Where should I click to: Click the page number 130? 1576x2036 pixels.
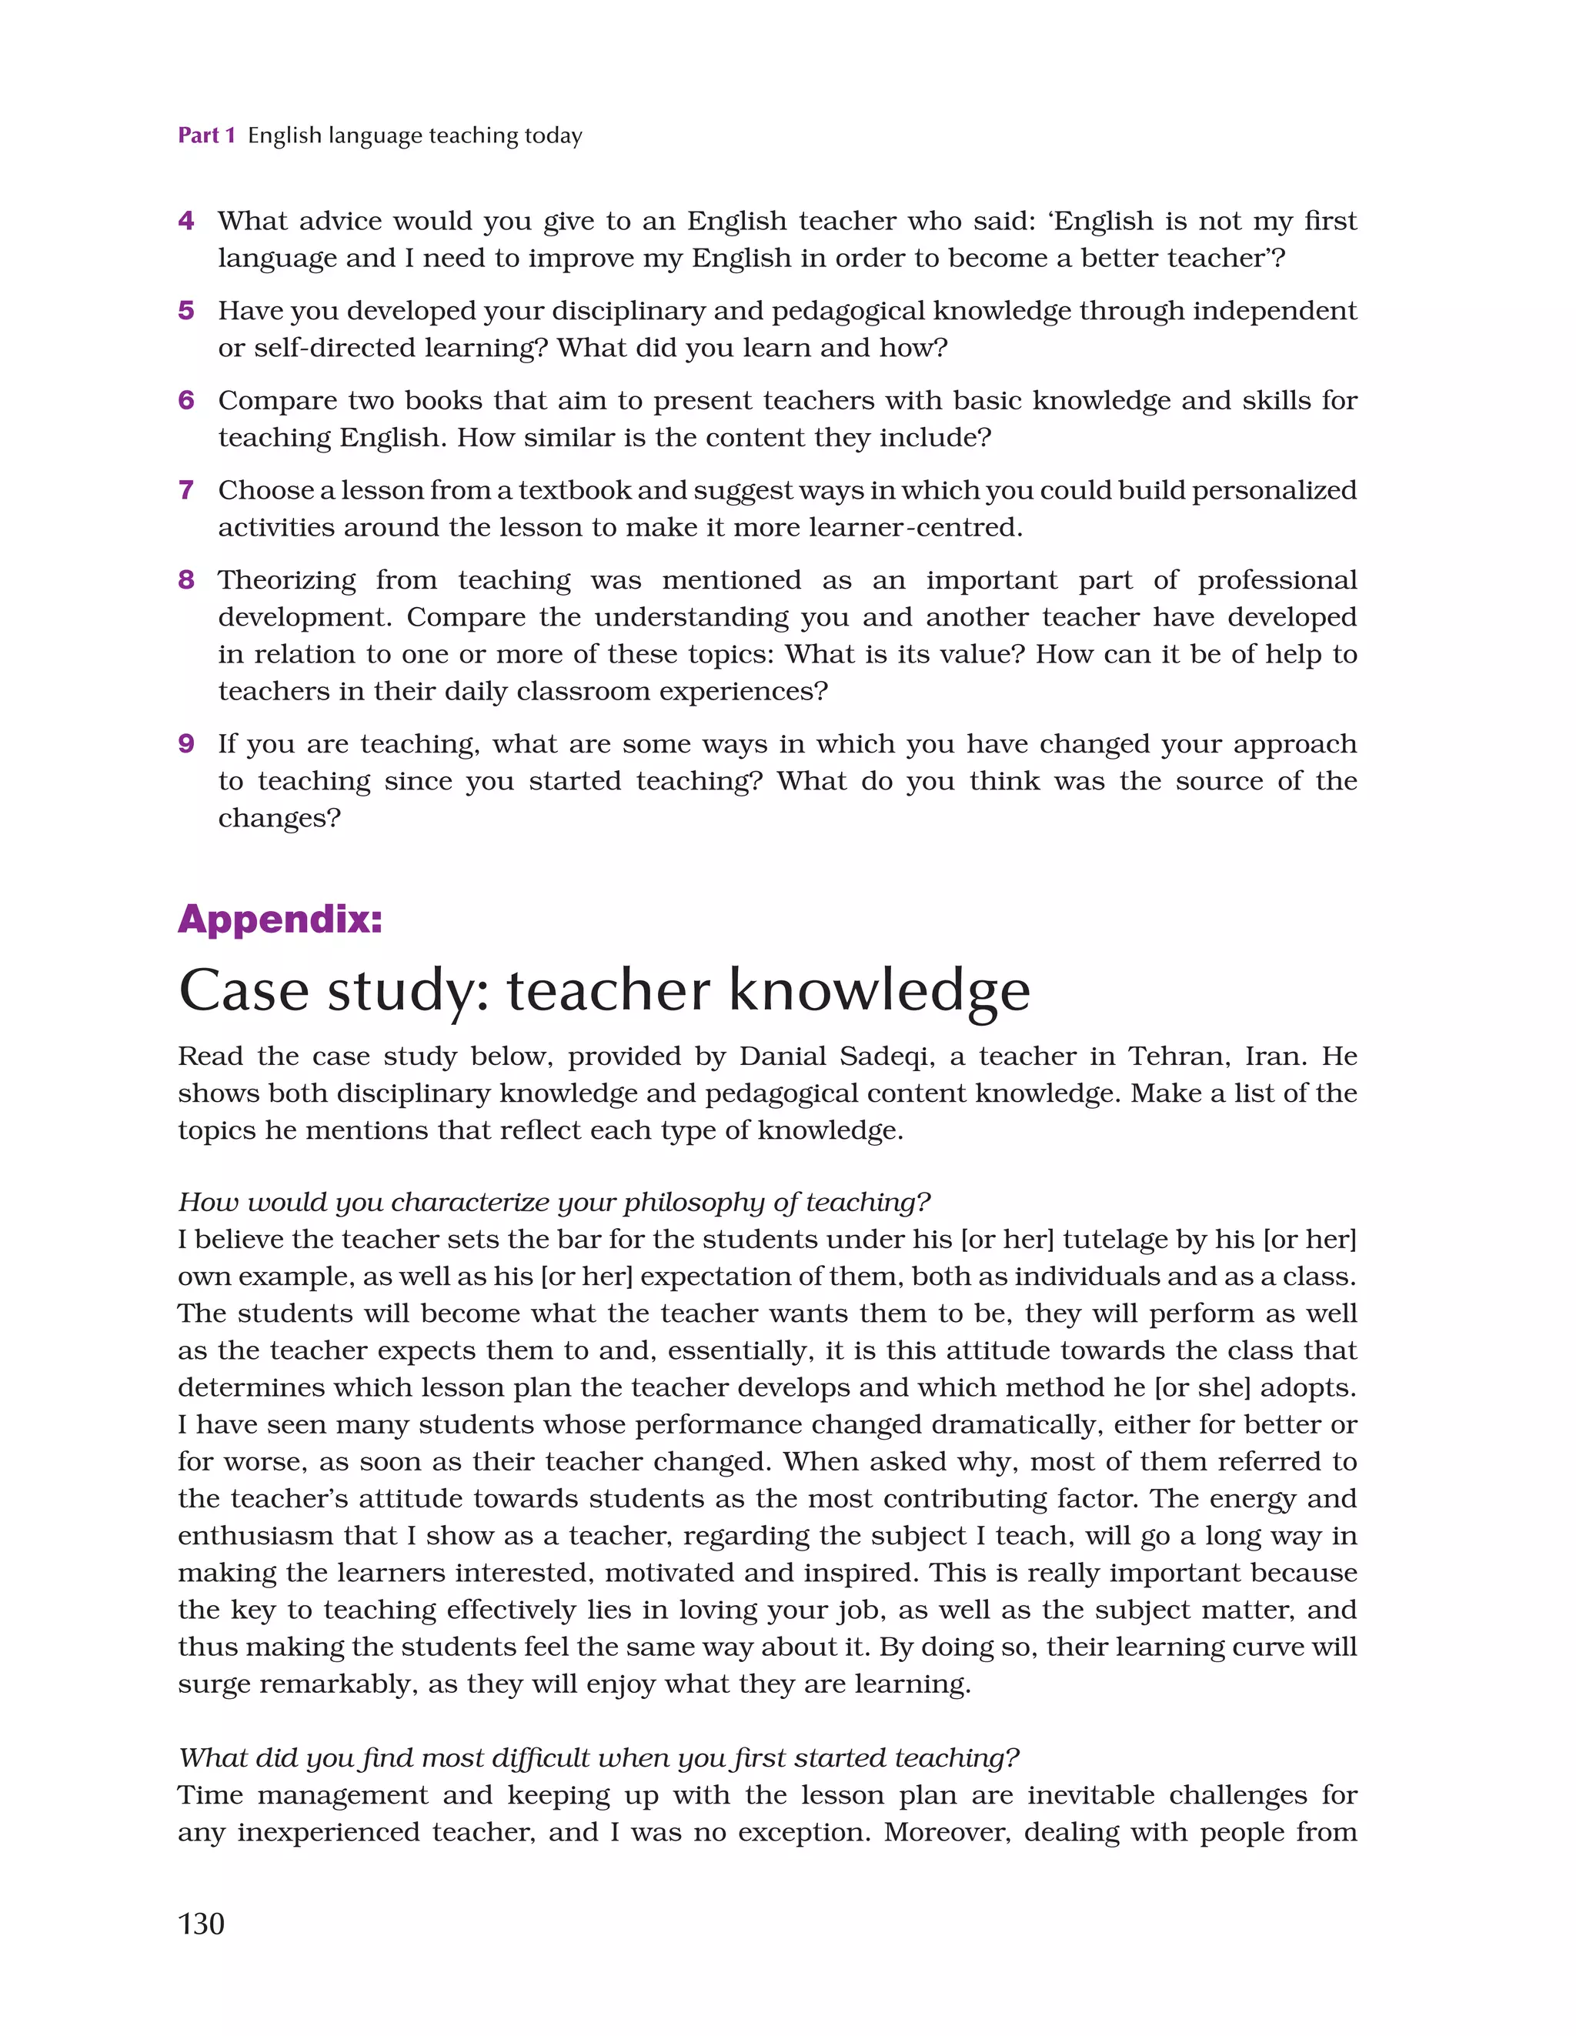pos(201,1923)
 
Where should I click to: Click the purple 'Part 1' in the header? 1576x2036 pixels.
pos(206,136)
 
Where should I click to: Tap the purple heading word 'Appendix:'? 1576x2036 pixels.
pos(280,920)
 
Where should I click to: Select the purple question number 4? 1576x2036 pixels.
pos(186,221)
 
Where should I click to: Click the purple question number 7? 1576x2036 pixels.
pos(186,490)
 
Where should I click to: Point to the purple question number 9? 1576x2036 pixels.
pos(186,744)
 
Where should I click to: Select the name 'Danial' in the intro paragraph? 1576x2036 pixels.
pos(782,1056)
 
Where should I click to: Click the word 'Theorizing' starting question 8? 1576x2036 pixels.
pos(286,581)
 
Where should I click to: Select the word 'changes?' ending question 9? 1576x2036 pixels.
pos(279,819)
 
